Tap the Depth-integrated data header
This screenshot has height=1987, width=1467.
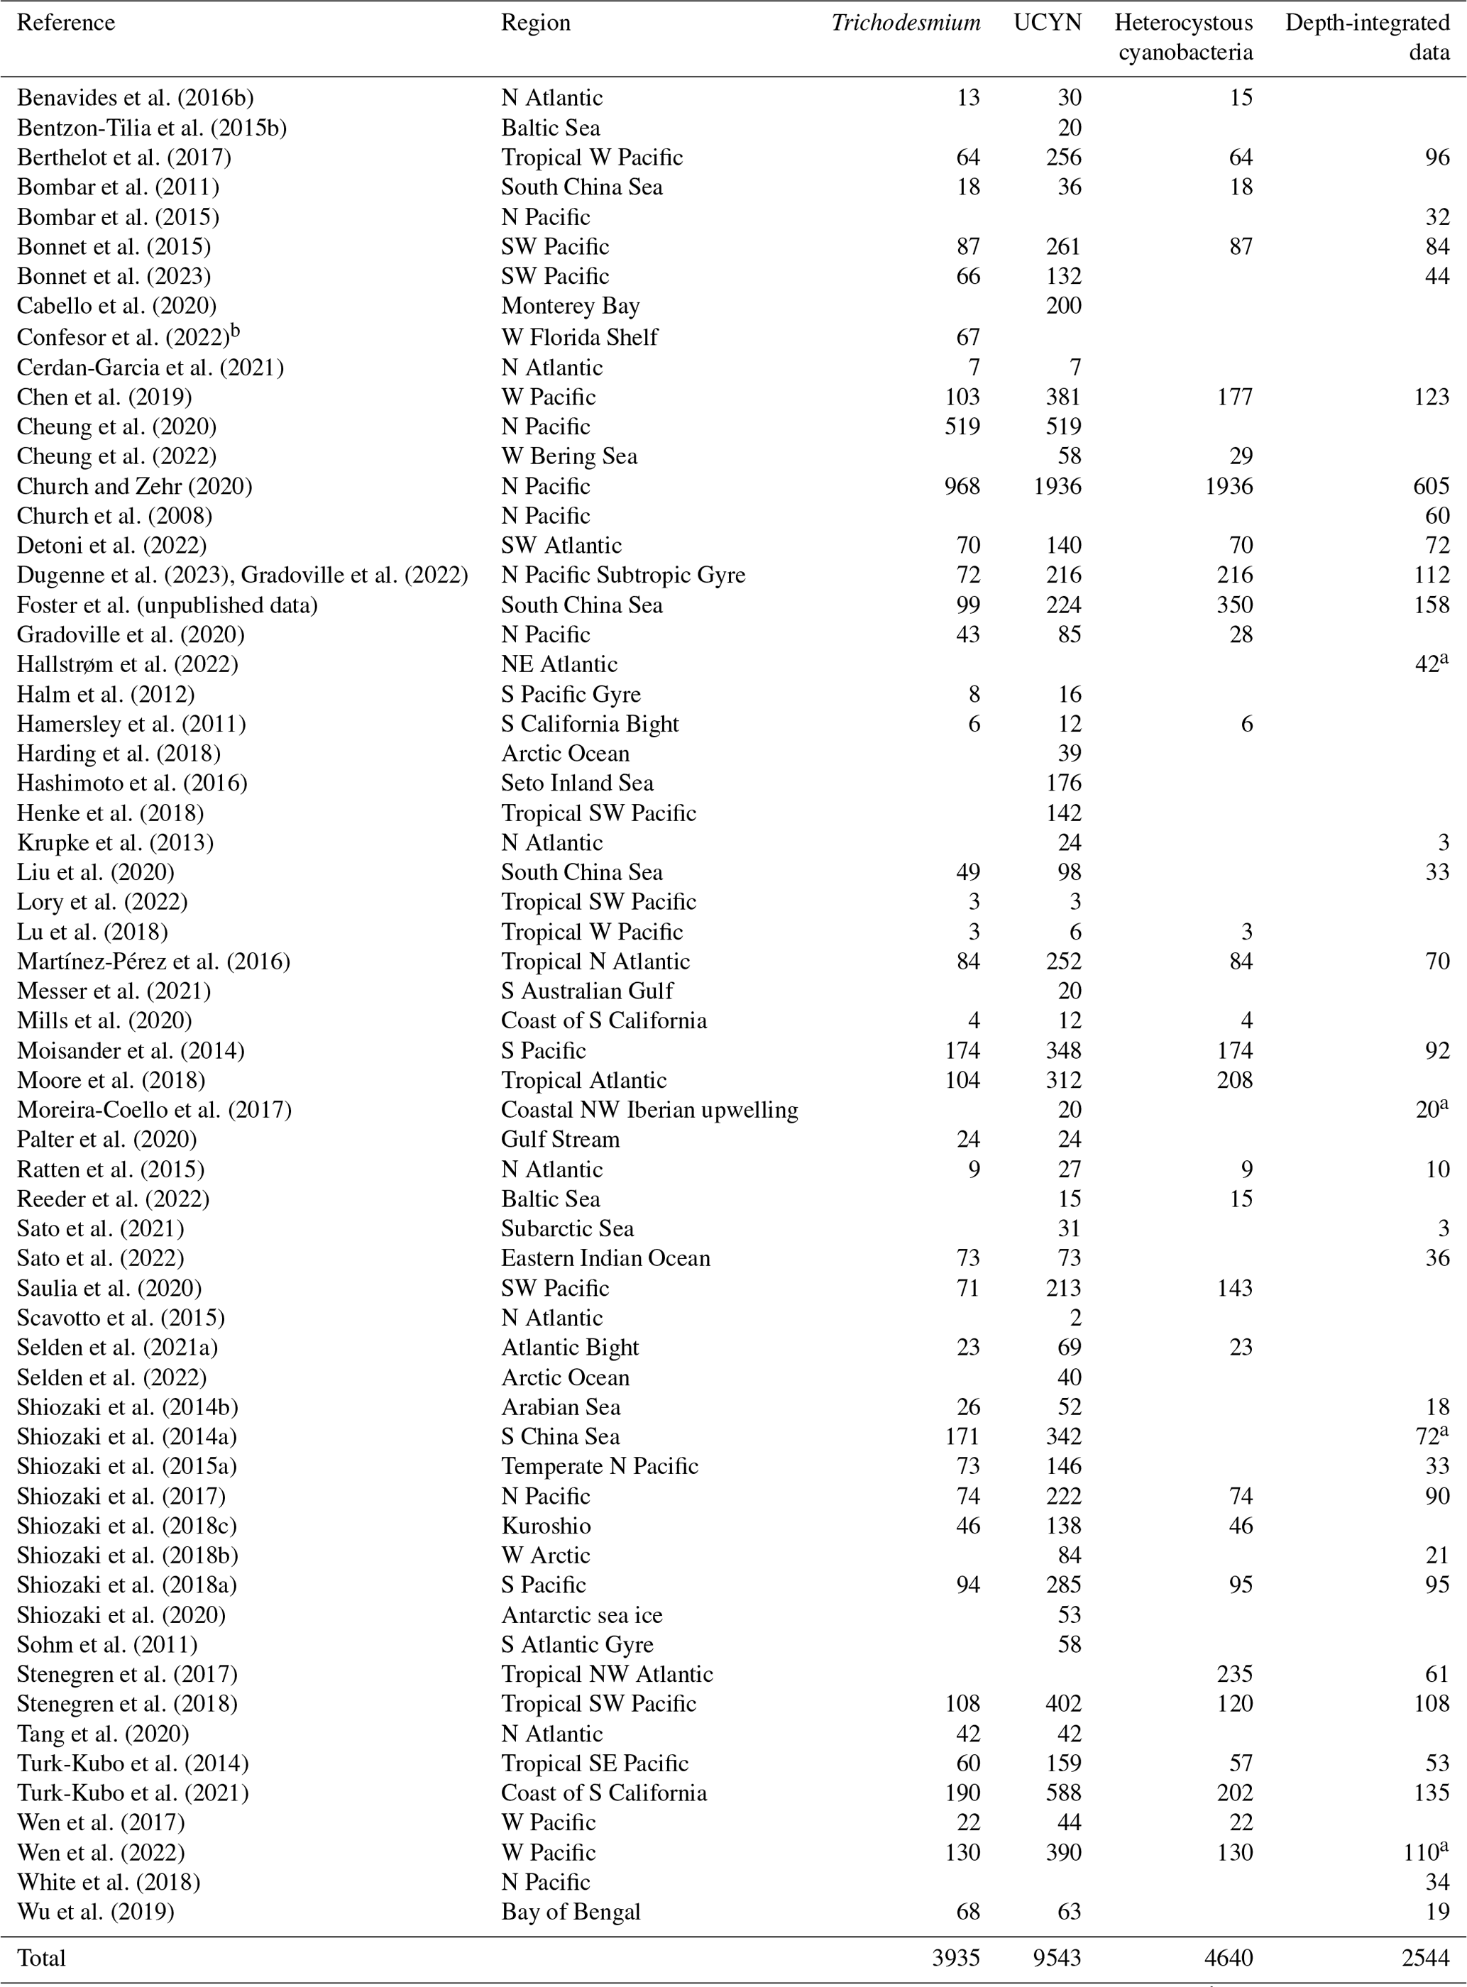click(x=1367, y=38)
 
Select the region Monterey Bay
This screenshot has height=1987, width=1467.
click(x=570, y=307)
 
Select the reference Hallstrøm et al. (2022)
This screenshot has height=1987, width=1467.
click(x=127, y=665)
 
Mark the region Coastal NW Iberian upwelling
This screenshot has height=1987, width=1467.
click(x=649, y=1110)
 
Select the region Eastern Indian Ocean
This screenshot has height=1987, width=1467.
click(x=605, y=1258)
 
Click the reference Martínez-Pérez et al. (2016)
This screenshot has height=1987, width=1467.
click(x=153, y=962)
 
